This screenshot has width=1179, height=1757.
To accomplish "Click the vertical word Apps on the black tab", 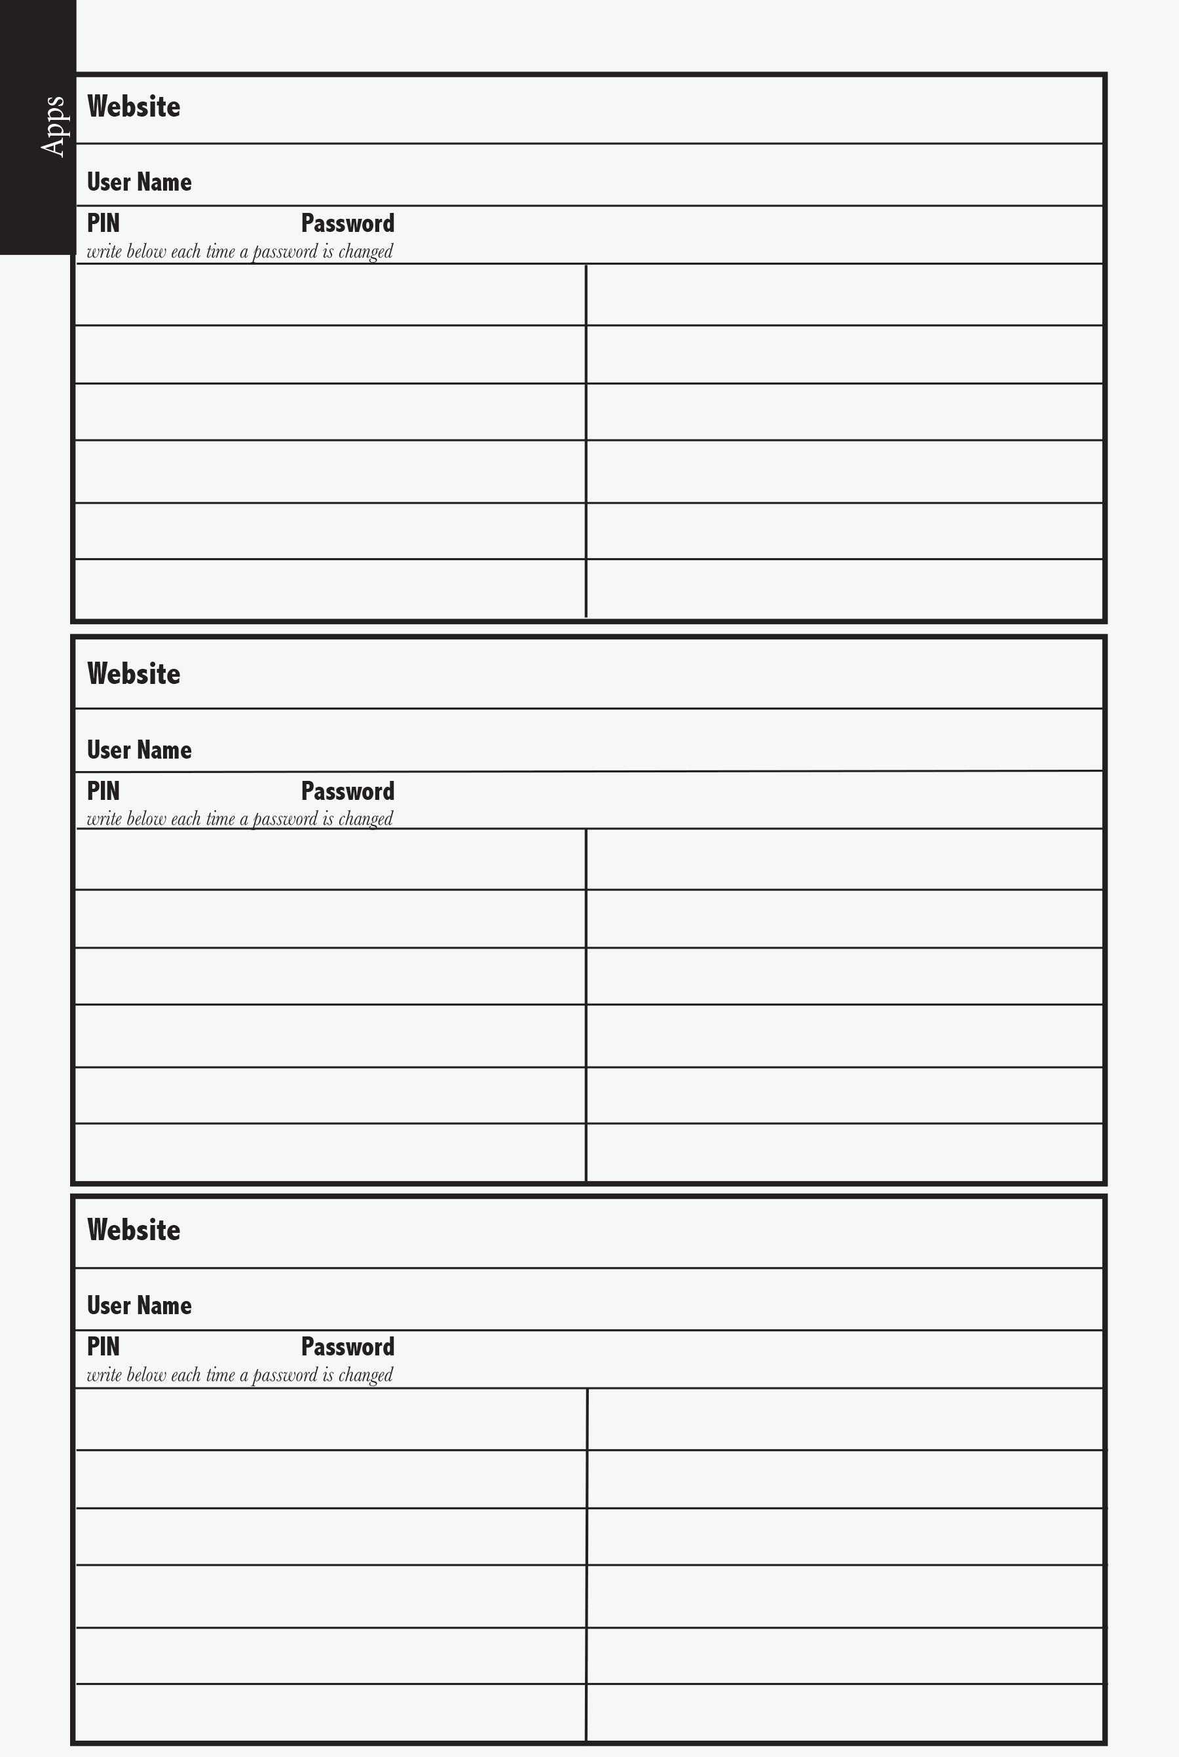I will (52, 126).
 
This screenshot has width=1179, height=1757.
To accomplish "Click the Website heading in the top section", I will (134, 107).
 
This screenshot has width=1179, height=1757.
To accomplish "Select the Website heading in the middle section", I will (134, 673).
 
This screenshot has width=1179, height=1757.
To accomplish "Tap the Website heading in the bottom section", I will (134, 1230).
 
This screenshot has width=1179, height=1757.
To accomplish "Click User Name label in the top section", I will (139, 182).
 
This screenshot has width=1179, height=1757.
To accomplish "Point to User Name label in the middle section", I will (139, 749).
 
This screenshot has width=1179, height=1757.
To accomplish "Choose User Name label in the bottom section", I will (139, 1305).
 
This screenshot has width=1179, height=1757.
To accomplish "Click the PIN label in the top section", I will (103, 223).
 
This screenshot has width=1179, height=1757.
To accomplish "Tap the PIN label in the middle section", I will (103, 791).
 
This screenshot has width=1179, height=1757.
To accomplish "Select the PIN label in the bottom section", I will (103, 1346).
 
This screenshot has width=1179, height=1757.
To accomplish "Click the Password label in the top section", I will (347, 223).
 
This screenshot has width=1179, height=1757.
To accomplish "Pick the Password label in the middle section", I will (347, 791).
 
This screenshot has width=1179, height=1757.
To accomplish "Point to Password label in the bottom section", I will (347, 1346).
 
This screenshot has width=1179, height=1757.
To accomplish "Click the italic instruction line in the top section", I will (240, 251).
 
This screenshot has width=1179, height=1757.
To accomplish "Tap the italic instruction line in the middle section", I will (240, 819).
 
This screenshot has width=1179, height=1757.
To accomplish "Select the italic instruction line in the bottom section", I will (240, 1375).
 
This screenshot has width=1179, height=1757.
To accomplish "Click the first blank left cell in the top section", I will (330, 295).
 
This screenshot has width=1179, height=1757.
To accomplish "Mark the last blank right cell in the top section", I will (844, 589).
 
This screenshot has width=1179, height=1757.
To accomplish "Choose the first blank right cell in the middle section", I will (844, 860).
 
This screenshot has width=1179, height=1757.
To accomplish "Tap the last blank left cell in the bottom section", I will (330, 1712).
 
